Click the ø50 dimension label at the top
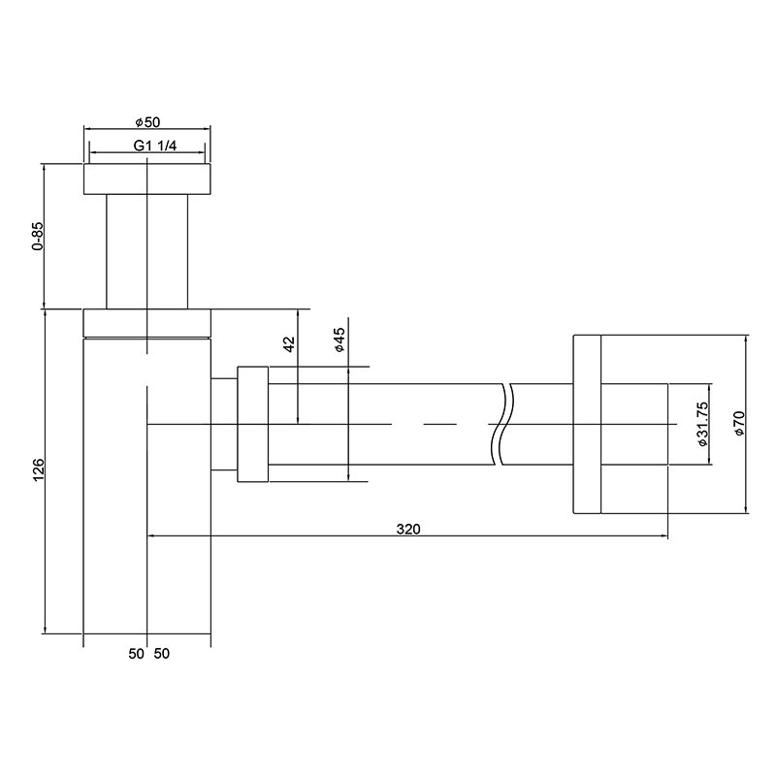tap(147, 122)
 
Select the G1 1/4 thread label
tap(147, 146)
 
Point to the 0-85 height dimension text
tap(37, 237)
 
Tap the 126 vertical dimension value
tap(37, 470)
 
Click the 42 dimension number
tap(288, 346)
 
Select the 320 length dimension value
tap(408, 529)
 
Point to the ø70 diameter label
tap(738, 424)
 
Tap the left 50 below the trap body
tap(136, 654)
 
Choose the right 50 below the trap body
tap(161, 654)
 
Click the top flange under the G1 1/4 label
tap(147, 179)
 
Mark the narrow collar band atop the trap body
tap(147, 323)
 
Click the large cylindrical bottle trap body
tap(147, 485)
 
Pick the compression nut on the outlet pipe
tap(252, 424)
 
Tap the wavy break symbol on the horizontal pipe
tap(502, 424)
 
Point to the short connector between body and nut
tap(224, 424)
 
